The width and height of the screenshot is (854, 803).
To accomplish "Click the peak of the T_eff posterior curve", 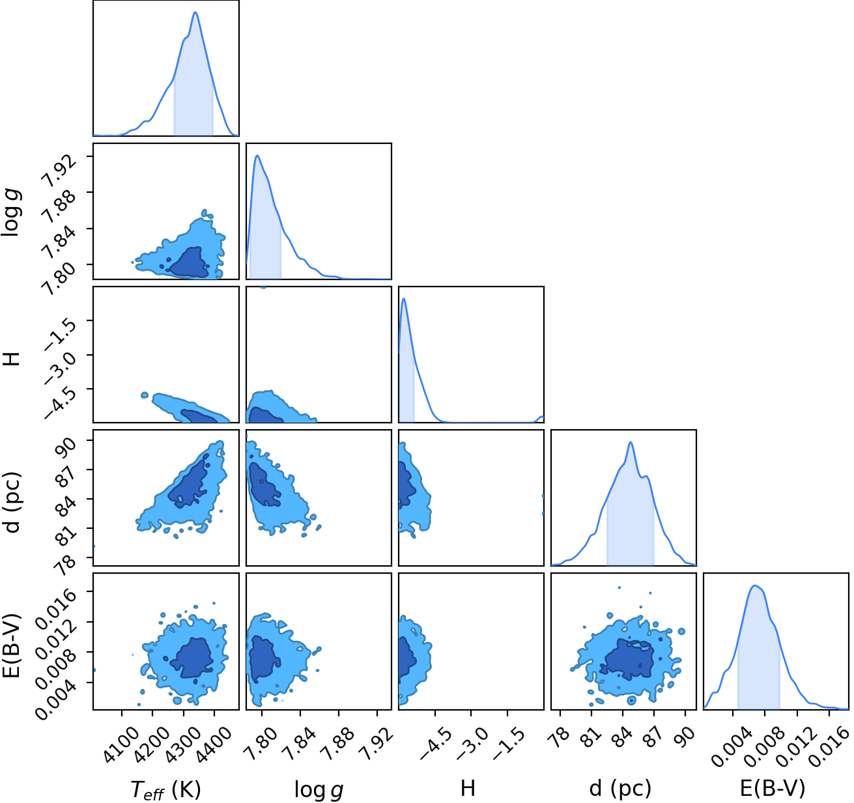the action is tap(195, 12).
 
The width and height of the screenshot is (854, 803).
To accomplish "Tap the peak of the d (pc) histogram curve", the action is tap(631, 442).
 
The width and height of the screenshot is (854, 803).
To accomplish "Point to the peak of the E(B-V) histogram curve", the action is tap(754, 585).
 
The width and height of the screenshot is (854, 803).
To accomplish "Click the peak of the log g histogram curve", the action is tap(257, 156).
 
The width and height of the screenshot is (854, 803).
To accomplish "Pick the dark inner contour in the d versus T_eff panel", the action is tap(188, 482).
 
